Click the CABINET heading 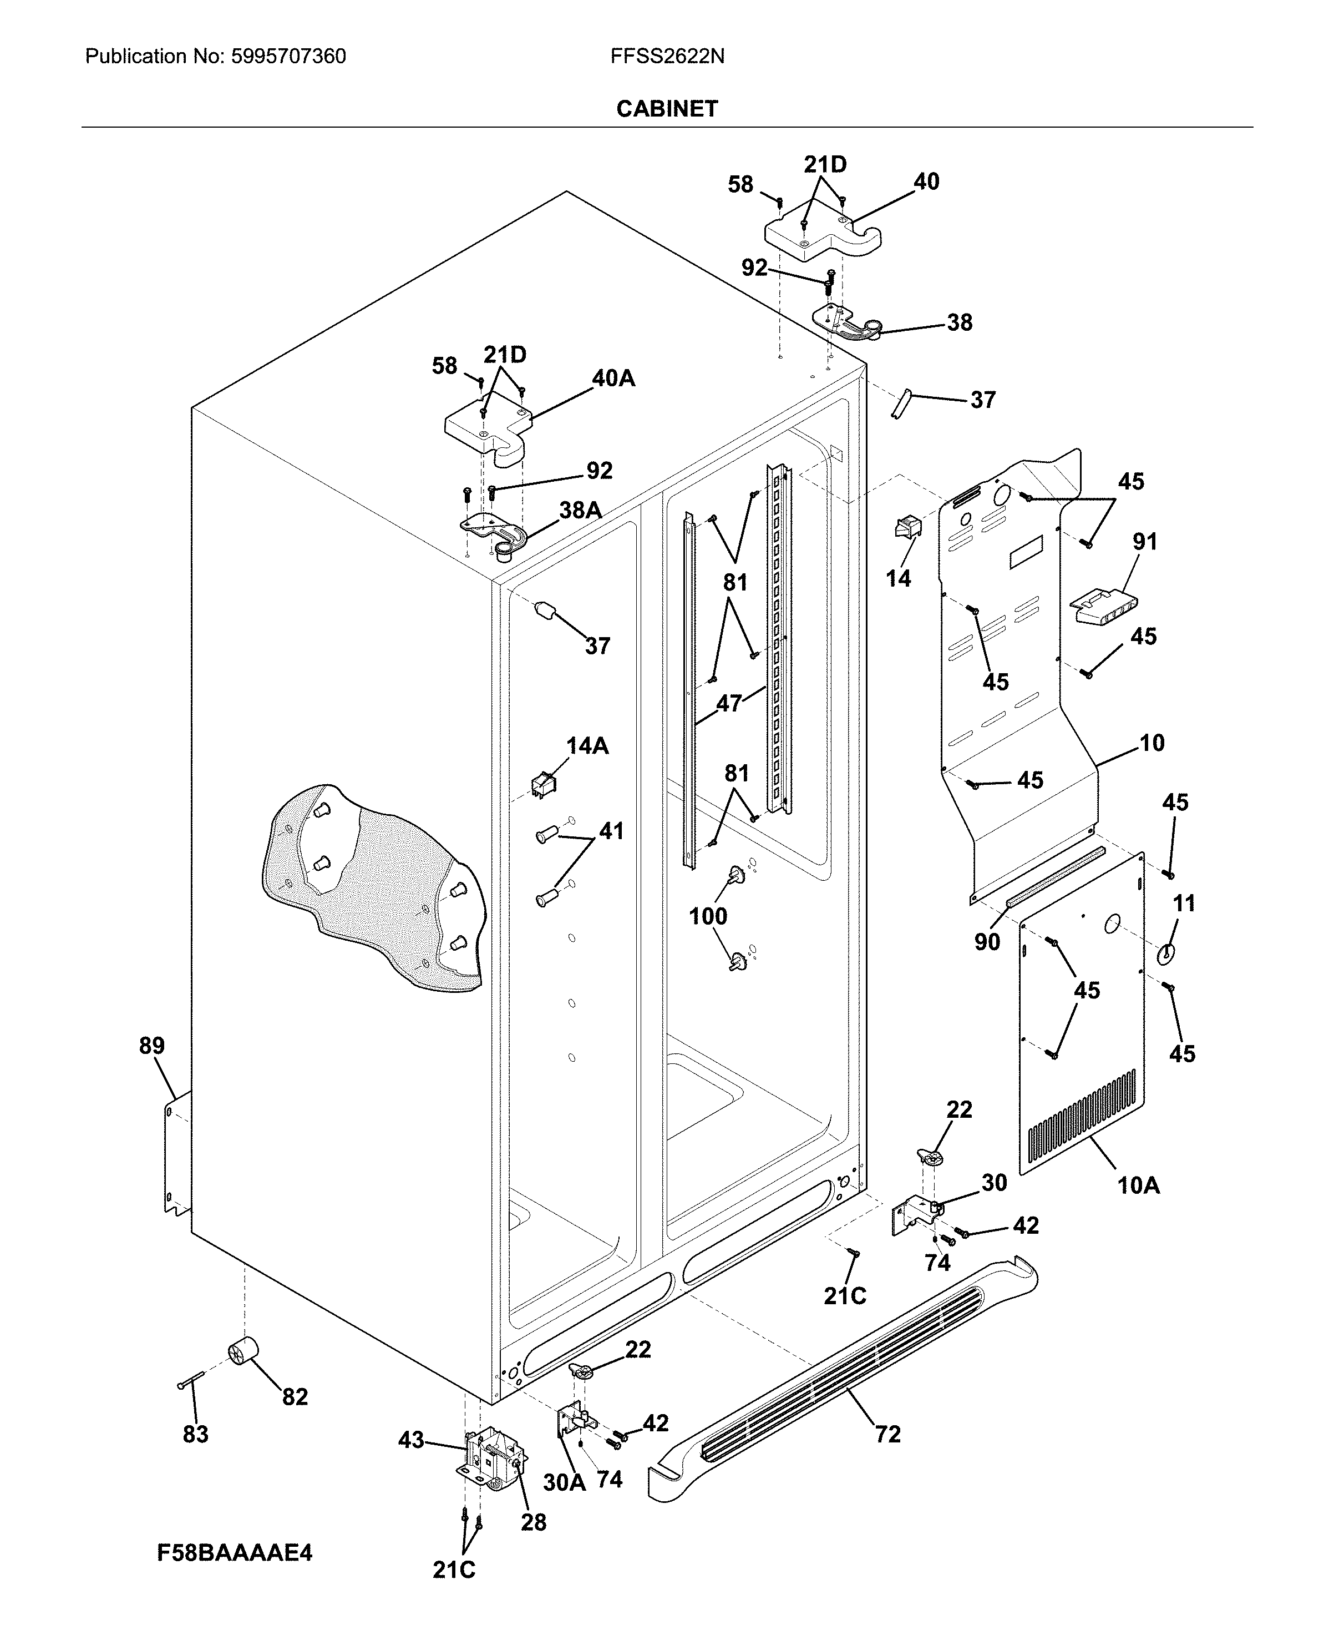tap(667, 109)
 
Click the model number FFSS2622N tap(667, 57)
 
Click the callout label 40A tap(613, 379)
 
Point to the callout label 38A tap(580, 511)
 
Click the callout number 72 tap(887, 1435)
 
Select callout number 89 tap(152, 1045)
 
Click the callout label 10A tap(1138, 1185)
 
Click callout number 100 tap(708, 916)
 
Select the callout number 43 tap(411, 1441)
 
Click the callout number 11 tap(1183, 904)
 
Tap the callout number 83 tap(195, 1435)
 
